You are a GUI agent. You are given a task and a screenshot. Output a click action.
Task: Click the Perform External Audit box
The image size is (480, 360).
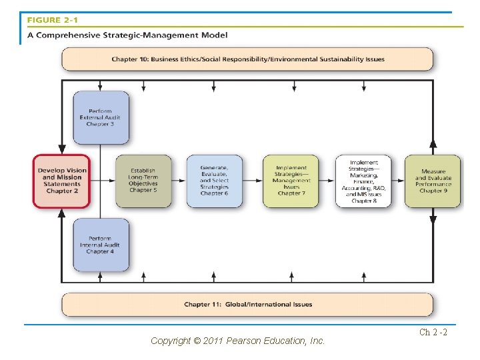pyautogui.click(x=101, y=117)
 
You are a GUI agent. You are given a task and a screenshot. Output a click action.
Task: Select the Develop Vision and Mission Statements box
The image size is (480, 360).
pyautogui.click(x=62, y=181)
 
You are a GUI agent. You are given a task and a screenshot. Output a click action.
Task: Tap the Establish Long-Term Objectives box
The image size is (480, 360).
pyautogui.click(x=143, y=181)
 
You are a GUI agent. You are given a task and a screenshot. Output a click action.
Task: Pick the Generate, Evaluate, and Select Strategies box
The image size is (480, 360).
pyautogui.click(x=214, y=181)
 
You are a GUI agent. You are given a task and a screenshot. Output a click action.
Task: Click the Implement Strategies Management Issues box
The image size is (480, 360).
pyautogui.click(x=291, y=181)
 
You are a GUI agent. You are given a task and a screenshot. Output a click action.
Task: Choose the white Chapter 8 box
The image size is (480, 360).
pyautogui.click(x=363, y=181)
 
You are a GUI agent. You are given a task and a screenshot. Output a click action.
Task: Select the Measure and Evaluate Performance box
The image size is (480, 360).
pyautogui.click(x=433, y=181)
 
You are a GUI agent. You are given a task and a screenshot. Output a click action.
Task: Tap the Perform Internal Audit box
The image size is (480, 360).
pyautogui.click(x=101, y=245)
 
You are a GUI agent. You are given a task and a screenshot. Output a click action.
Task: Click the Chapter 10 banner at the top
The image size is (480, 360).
pyautogui.click(x=247, y=59)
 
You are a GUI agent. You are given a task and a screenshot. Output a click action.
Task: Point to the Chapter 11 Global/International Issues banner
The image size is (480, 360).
pyautogui.click(x=247, y=305)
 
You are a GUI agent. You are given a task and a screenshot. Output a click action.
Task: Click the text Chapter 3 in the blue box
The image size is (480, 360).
pyautogui.click(x=101, y=125)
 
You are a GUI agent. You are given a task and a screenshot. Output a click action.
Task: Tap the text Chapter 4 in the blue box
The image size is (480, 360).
pyautogui.click(x=101, y=252)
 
